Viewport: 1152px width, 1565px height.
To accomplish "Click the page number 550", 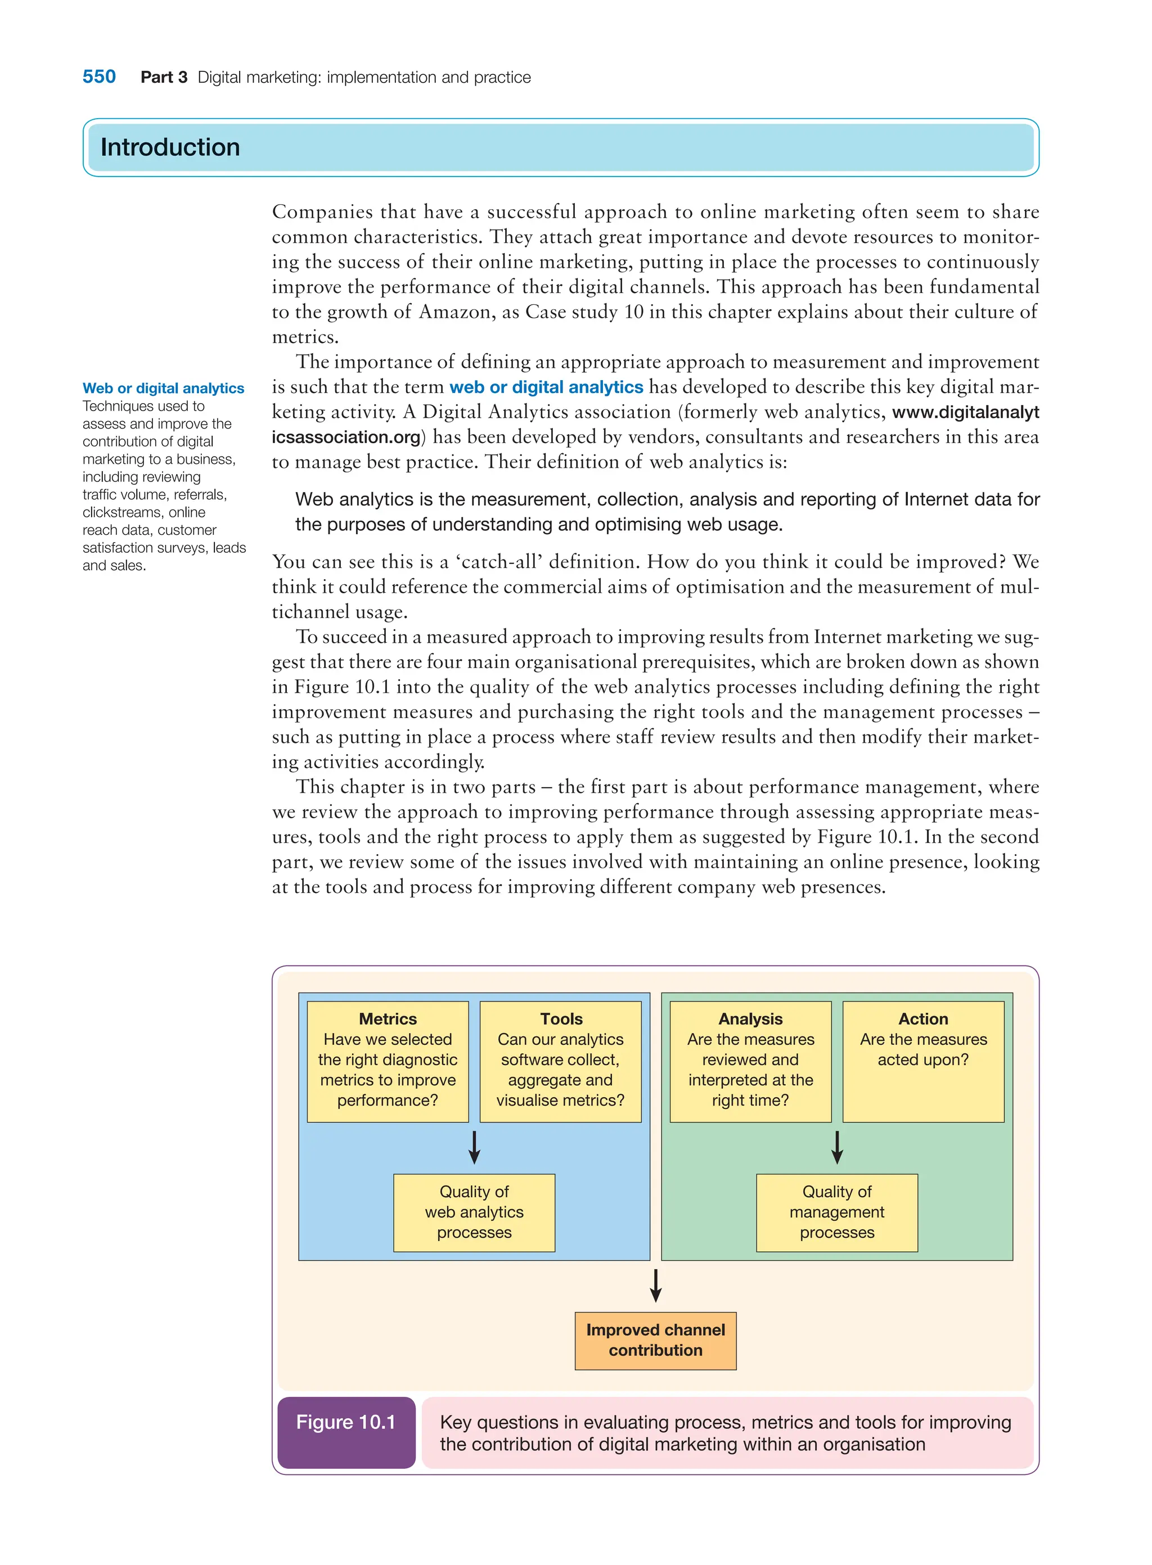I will pos(99,76).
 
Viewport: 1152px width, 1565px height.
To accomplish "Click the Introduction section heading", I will pos(170,147).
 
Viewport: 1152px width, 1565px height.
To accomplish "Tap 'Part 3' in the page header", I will pos(164,78).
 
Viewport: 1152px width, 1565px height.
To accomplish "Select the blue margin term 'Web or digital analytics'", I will pos(163,388).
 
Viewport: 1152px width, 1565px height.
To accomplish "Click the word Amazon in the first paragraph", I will pos(457,312).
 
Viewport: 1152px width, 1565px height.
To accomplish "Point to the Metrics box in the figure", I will pos(388,1061).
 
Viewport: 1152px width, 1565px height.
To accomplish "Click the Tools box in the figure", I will pos(561,1061).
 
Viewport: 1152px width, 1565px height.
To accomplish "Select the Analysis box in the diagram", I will pos(750,1061).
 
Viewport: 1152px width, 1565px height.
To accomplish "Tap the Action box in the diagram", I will pos(923,1061).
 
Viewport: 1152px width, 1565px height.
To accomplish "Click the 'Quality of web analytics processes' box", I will pos(474,1212).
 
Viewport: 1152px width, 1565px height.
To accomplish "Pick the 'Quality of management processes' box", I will pos(837,1212).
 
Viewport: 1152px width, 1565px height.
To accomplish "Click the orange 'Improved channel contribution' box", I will pos(655,1341).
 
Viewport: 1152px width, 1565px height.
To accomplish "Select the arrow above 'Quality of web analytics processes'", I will pos(474,1147).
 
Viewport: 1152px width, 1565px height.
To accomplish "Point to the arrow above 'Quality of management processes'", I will pos(838,1147).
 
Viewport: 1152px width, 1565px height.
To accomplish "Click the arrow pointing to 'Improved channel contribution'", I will pos(655,1286).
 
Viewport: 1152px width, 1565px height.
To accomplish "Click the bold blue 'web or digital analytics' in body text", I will pos(546,387).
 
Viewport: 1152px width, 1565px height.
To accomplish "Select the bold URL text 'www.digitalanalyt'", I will pos(965,412).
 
